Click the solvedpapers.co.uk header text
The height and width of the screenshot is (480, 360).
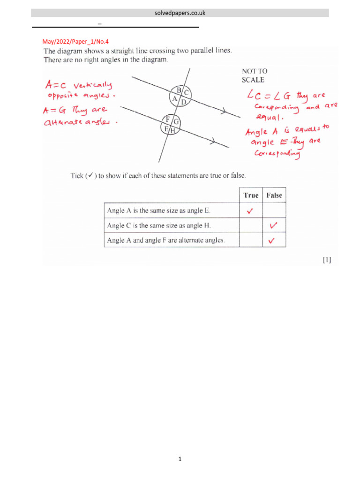pyautogui.click(x=180, y=13)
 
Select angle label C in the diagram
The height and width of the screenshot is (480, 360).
pyautogui.click(x=186, y=93)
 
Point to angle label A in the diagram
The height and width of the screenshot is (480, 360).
pyautogui.click(x=175, y=98)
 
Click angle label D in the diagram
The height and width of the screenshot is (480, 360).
pyautogui.click(x=183, y=101)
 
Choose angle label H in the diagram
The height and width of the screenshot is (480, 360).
pyautogui.click(x=172, y=131)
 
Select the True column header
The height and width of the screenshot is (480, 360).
pyautogui.click(x=251, y=195)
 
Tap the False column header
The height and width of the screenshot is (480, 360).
pyautogui.click(x=274, y=195)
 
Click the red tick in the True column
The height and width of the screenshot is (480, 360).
pyautogui.click(x=250, y=211)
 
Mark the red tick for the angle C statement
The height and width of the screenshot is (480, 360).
pyautogui.click(x=273, y=226)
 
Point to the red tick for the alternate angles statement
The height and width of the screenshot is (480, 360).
pyautogui.click(x=271, y=241)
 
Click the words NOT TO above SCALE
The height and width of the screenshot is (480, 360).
pyautogui.click(x=255, y=71)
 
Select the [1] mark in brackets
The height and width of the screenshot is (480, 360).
pyautogui.click(x=326, y=260)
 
